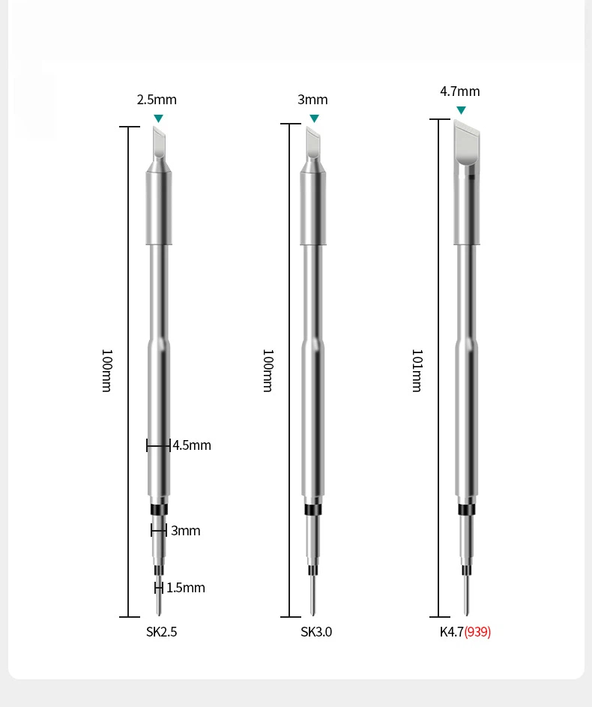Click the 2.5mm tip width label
[157, 100]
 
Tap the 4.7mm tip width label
[460, 91]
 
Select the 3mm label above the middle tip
[312, 100]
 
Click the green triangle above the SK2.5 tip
[158, 118]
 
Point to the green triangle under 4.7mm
[461, 110]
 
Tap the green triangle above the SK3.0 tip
[315, 118]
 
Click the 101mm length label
[417, 370]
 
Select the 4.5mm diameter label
[192, 445]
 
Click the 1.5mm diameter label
[186, 588]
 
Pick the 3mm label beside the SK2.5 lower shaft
[186, 531]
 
